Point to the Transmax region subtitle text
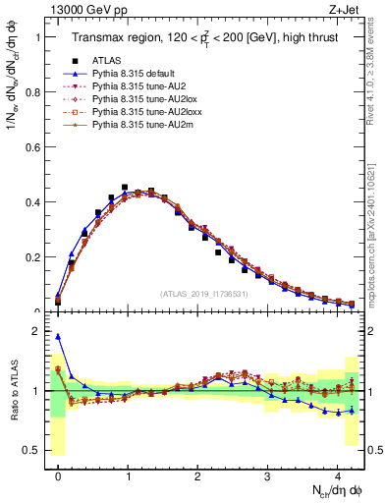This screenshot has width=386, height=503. tap(204, 38)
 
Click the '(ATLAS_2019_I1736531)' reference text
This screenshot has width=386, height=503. tap(203, 293)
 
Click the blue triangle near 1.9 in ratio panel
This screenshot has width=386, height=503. tap(58, 336)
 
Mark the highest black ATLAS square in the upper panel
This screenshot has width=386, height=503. tap(125, 187)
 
